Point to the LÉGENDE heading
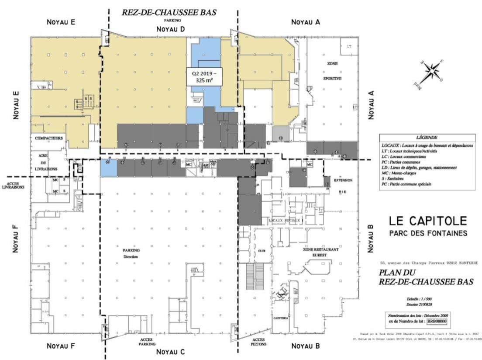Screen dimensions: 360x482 426,137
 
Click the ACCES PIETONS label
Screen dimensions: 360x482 258,342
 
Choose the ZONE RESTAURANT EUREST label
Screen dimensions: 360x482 321,252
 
